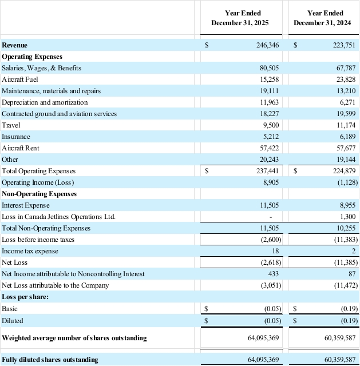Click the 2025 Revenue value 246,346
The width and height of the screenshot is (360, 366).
(x=267, y=45)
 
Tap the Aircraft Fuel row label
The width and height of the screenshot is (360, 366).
(x=20, y=79)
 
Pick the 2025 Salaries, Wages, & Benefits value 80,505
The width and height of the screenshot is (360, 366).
(x=269, y=68)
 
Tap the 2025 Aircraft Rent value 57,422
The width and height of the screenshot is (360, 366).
(x=269, y=148)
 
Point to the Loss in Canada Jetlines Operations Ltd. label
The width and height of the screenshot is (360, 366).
(x=58, y=217)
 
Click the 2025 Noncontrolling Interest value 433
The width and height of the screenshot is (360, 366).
(x=273, y=274)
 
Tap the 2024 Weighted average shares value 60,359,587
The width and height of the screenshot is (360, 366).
(x=337, y=338)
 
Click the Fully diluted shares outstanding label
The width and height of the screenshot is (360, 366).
(x=50, y=360)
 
